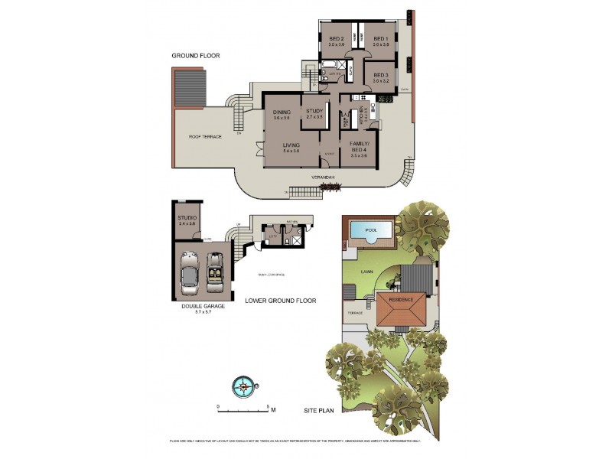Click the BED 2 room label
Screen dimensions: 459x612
coord(337,39)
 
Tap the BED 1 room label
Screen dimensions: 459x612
coord(381,39)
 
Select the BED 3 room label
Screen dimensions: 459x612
coord(381,75)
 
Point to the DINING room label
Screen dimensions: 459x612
coord(282,112)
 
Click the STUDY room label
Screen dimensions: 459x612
coord(315,112)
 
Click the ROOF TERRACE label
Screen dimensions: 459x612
coord(205,137)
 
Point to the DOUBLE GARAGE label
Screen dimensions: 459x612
coord(202,307)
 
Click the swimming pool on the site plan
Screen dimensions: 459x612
coord(370,230)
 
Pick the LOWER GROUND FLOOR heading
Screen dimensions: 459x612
coord(280,301)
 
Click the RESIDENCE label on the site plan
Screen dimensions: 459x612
coord(402,299)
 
